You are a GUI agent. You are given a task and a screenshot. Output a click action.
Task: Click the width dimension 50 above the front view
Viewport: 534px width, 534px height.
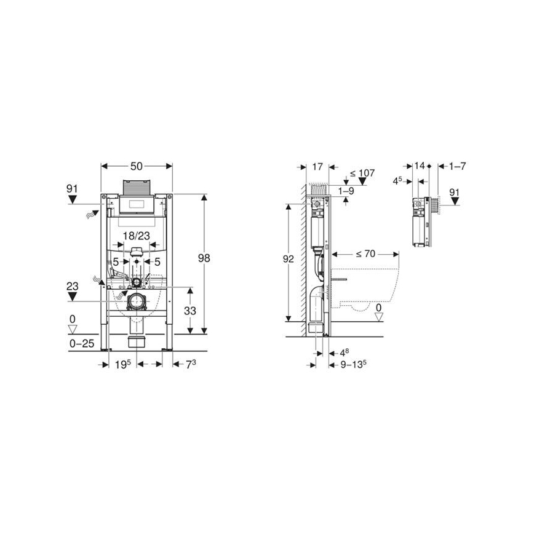(137, 167)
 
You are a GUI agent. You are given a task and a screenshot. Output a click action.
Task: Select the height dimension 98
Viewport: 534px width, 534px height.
(204, 258)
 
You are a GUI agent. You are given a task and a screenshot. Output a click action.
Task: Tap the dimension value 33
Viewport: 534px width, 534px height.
(190, 311)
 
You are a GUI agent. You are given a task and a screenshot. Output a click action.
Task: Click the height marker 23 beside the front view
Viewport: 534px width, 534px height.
(73, 285)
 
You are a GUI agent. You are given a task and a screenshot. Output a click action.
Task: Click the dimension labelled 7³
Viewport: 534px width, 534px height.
(191, 364)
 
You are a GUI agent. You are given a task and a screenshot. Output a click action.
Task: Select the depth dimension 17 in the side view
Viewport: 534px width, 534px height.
(317, 167)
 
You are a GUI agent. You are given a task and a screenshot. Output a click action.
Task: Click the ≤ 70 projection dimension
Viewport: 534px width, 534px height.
(366, 253)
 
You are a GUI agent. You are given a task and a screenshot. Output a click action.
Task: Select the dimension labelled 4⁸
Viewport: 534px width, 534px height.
(345, 353)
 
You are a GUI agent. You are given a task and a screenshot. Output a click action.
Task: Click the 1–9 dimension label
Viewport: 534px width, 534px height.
(346, 192)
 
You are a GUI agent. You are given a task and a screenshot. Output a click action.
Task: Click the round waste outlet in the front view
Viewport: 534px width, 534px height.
(135, 301)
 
